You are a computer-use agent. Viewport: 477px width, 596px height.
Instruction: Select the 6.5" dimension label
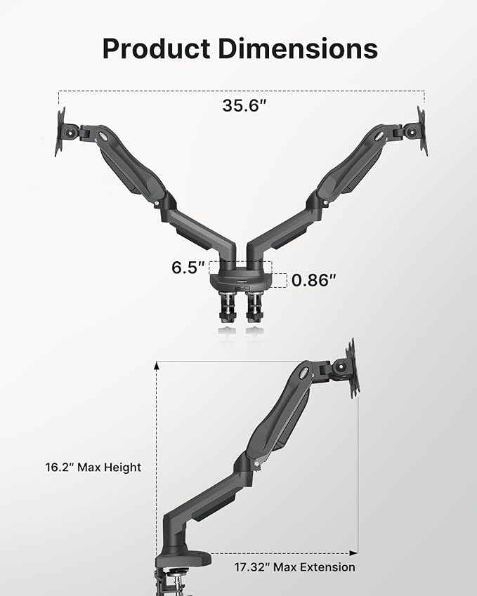(x=188, y=267)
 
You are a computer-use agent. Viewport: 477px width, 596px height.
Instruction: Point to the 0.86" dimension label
(x=313, y=280)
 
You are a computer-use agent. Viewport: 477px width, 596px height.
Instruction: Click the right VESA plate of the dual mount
(x=422, y=131)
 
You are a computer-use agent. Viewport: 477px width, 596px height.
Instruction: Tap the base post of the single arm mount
(x=173, y=534)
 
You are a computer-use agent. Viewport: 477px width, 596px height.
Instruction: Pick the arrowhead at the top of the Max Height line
(x=156, y=364)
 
